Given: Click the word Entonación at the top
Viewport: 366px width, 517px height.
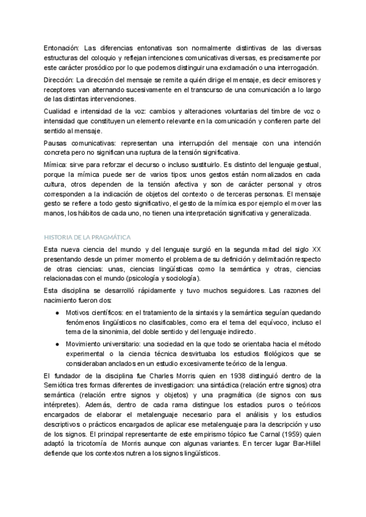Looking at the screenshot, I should (62, 48).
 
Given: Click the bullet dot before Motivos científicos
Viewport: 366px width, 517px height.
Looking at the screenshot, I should (56, 313).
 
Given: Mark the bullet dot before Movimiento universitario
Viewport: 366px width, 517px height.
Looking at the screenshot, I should (56, 344).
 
